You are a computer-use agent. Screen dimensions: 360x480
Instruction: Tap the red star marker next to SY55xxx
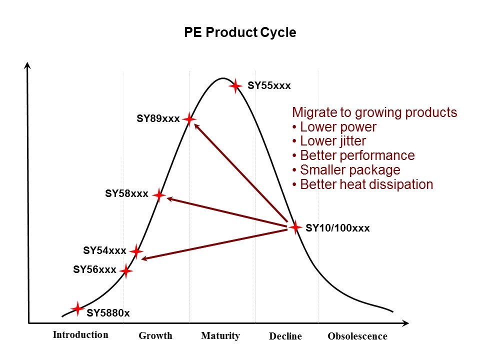point(235,86)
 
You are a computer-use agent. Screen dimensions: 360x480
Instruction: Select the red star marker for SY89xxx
point(189,119)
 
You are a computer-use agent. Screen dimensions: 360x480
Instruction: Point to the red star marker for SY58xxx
point(158,194)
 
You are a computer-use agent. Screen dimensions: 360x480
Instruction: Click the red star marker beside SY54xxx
point(136,251)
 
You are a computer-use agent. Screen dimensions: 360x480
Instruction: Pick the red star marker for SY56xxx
point(126,271)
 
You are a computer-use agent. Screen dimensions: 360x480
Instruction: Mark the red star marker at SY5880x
point(77,308)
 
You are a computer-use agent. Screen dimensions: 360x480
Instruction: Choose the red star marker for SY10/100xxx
point(295,227)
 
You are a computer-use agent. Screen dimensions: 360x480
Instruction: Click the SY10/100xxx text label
point(337,228)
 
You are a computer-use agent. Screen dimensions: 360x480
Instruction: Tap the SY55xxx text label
point(269,86)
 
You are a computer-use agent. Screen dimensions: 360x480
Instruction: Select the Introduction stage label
point(80,335)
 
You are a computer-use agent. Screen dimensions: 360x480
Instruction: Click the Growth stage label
point(155,336)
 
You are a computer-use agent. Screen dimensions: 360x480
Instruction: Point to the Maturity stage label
point(220,336)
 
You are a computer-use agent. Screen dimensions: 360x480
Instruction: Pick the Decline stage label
point(285,336)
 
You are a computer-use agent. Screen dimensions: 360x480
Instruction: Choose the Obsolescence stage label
point(357,336)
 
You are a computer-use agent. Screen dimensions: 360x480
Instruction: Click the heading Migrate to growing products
point(374,112)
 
